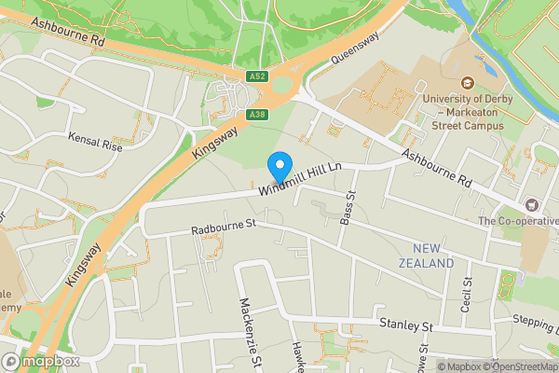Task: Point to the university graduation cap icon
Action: (x=463, y=79)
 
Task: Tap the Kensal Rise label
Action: (x=95, y=142)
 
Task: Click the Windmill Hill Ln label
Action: (x=298, y=178)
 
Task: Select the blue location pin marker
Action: (x=279, y=167)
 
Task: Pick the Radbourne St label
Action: (x=223, y=227)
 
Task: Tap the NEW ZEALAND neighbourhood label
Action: (x=433, y=256)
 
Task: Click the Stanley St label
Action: (x=407, y=325)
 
